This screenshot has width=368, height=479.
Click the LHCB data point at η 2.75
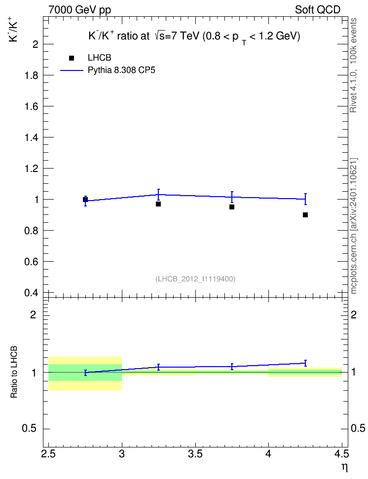pos(85,200)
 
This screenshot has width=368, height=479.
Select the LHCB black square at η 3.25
pos(158,204)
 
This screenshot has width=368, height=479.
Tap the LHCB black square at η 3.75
pos(232,207)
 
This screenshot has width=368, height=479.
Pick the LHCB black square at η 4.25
pos(305,215)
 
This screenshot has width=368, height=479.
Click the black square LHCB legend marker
pos(72,58)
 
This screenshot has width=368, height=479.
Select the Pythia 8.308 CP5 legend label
pos(121,70)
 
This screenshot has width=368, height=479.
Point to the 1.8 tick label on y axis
pos(32,75)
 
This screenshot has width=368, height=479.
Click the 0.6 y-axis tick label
pos(32,262)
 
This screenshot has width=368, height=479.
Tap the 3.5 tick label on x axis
pos(195,454)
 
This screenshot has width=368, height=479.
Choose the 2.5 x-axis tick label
pos(49,454)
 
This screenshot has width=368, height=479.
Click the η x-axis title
pos(345,467)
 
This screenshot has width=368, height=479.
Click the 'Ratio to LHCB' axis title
pos(14,372)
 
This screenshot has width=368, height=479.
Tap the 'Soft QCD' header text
pos(318,10)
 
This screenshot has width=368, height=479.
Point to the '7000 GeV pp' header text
pos(79,10)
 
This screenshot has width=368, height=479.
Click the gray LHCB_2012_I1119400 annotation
pos(195,279)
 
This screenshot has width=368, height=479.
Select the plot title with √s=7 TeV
pos(194,36)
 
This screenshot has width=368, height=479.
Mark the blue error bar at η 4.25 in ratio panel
pos(305,363)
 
